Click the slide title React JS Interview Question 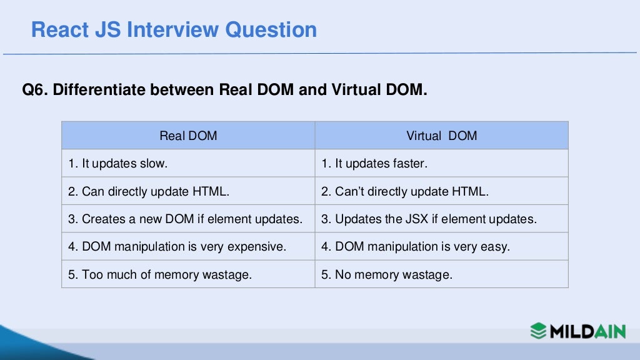pos(174,29)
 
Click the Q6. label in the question pos(35,90)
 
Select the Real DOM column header pos(188,136)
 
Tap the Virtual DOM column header pos(441,136)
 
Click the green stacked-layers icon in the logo pos(539,330)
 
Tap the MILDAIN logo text pos(587,331)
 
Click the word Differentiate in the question pos(100,90)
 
